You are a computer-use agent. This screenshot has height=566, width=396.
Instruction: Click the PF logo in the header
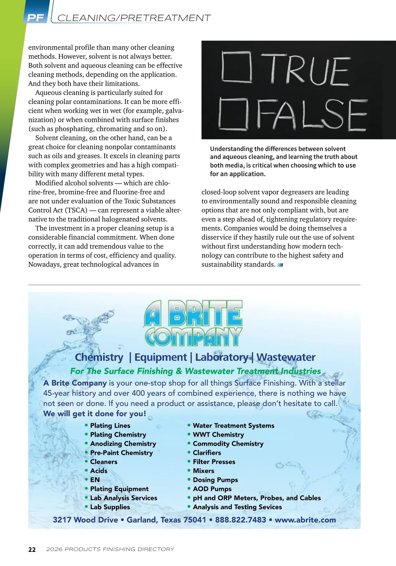click(35, 18)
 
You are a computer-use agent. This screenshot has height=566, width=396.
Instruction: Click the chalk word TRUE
click(309, 70)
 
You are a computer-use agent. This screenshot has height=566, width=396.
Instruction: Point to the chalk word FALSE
click(311, 115)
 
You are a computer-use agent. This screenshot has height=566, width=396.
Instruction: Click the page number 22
click(32, 549)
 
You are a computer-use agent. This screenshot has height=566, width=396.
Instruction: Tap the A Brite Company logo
click(193, 323)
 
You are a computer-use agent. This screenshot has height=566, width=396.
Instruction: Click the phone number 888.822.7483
click(241, 520)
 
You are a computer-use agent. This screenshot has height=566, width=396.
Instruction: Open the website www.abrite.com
click(305, 520)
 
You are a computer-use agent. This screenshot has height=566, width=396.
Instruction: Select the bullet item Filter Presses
click(214, 462)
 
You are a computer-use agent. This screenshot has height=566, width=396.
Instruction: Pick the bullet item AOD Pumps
click(212, 489)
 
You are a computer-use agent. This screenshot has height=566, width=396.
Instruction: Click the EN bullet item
click(95, 480)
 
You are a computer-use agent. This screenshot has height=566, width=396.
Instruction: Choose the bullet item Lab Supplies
click(110, 507)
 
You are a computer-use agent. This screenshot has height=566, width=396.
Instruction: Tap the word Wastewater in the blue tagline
click(286, 357)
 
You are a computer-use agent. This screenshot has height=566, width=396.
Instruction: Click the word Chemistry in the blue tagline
click(99, 357)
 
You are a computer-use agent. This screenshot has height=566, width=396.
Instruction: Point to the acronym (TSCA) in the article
click(76, 210)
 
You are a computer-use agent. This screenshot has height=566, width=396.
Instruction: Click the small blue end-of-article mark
click(280, 265)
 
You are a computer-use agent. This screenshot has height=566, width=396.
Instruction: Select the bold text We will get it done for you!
click(94, 414)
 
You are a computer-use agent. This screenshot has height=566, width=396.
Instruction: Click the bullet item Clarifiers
click(207, 453)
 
